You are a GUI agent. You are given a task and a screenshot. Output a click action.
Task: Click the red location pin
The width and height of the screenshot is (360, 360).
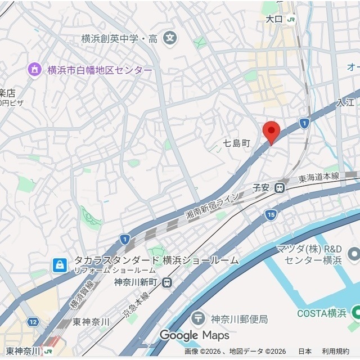pos(272,132)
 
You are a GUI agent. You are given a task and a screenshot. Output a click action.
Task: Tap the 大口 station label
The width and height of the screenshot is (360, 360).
pos(274,19)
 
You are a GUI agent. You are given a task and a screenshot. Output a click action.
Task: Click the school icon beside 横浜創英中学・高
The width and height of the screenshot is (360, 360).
pos(170,39)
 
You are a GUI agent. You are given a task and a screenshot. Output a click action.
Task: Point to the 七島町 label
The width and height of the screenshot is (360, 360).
pos(236,143)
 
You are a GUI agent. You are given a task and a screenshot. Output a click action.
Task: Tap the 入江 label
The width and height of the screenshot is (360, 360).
pos(345,102)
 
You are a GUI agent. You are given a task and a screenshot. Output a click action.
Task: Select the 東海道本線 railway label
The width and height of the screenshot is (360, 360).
pos(319,177)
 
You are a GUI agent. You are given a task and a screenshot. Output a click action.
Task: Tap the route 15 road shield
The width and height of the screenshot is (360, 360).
pos(272,214)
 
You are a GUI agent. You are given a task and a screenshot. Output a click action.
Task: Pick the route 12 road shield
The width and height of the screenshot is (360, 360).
pos(33,322)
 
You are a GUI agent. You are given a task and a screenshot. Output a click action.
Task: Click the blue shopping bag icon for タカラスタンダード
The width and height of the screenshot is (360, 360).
pos(59,265)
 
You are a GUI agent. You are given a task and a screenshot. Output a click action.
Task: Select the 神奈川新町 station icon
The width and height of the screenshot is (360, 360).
pos(166,282)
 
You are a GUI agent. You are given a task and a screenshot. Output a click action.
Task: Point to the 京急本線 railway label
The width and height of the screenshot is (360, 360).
pos(138,304)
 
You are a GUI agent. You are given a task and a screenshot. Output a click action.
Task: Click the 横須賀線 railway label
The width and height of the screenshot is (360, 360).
pos(75,296)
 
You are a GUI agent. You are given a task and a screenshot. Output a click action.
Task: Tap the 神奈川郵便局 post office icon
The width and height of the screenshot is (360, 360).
pos(198,318)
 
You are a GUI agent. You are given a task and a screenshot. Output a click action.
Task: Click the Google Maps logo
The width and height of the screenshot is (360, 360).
pos(194,335)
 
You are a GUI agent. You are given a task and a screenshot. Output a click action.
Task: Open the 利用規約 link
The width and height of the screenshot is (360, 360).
pos(335,352)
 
